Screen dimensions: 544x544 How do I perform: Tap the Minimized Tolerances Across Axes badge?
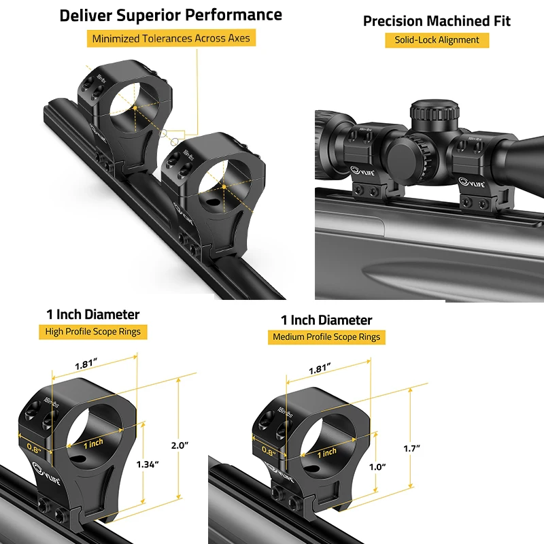(x=171, y=39)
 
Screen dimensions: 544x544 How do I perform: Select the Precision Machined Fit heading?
(x=437, y=21)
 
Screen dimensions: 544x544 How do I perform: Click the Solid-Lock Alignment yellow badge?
(x=437, y=40)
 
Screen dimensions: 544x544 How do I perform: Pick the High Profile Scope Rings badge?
(x=93, y=332)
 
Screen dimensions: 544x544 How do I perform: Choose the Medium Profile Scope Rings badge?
(x=326, y=337)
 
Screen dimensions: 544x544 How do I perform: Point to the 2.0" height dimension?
(x=179, y=445)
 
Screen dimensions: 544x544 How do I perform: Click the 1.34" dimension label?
(x=147, y=464)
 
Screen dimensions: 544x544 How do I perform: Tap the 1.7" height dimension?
(x=411, y=448)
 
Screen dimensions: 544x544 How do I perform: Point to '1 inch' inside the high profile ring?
(x=93, y=443)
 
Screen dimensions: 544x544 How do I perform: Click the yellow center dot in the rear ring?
(x=135, y=107)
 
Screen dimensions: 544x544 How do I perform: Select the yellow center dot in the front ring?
(x=220, y=186)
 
